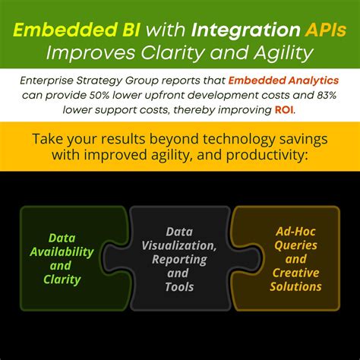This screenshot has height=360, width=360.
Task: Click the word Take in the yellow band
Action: point(47,138)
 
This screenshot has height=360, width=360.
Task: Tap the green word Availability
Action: point(68,251)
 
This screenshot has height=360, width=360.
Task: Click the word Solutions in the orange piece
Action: point(297,286)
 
